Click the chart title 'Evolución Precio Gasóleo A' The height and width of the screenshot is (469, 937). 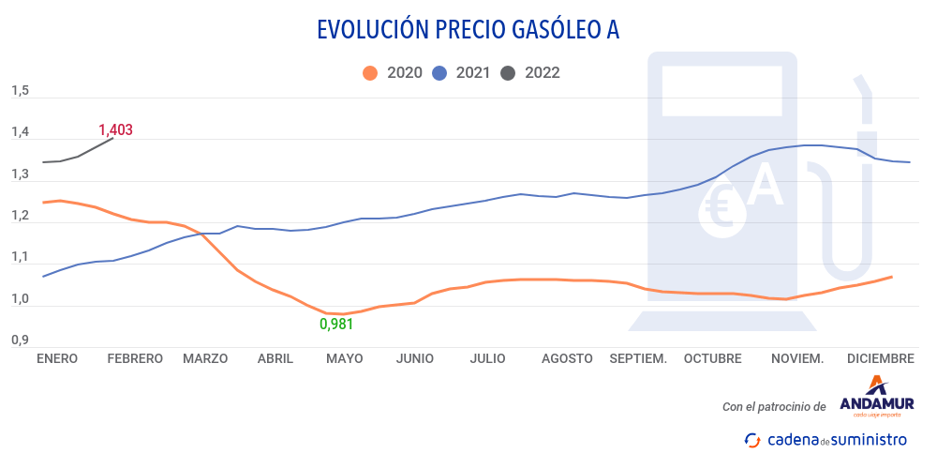468,30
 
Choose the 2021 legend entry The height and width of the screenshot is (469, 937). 461,72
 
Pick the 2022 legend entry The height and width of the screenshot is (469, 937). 530,72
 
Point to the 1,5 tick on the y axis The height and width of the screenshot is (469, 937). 20,92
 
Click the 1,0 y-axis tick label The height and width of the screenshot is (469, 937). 20,299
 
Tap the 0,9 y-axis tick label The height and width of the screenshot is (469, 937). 20,340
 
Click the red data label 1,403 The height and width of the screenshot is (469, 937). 116,130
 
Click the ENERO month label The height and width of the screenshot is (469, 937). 56,358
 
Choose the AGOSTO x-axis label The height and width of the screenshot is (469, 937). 567,358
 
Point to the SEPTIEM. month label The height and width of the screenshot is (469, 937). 638,358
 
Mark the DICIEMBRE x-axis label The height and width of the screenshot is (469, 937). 880,358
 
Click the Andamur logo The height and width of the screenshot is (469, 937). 876,395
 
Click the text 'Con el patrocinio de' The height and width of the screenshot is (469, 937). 774,407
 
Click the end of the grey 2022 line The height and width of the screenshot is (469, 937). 112,138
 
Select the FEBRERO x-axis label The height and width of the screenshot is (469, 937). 135,358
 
